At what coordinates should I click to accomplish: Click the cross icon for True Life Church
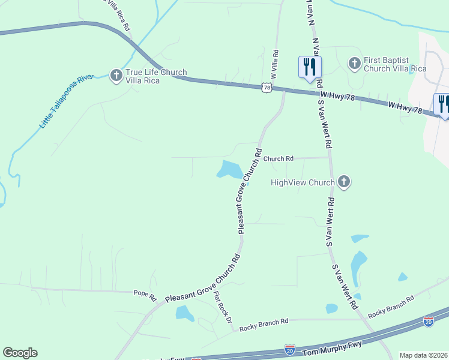[x=116, y=75]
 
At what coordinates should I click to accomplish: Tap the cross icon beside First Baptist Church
[x=355, y=62]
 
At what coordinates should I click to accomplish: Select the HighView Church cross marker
[x=343, y=182]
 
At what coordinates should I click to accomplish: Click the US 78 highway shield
[x=267, y=88]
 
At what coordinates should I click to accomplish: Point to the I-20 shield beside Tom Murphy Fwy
[x=290, y=349]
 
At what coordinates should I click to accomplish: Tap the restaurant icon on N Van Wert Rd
[x=310, y=66]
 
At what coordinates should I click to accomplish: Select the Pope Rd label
[x=145, y=295]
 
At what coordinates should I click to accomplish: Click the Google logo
[x=20, y=353]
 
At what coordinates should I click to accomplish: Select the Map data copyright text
[x=423, y=355]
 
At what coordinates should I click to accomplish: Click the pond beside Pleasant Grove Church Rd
[x=230, y=169]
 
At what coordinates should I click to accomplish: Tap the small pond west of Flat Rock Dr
[x=184, y=313]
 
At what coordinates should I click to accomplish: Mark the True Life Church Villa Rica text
[x=156, y=76]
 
